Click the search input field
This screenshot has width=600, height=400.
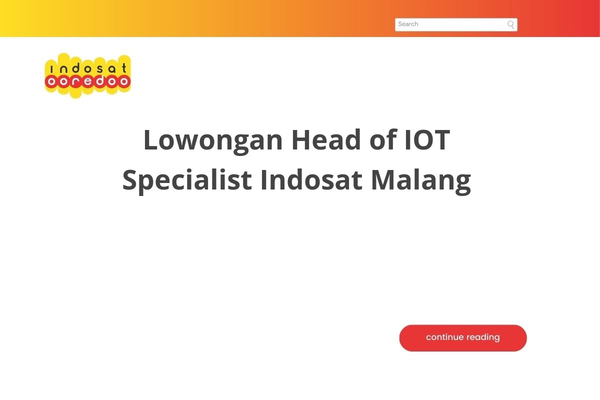pyautogui.click(x=456, y=24)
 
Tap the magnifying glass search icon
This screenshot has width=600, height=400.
pyautogui.click(x=510, y=24)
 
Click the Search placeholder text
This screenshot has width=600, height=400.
pyautogui.click(x=408, y=24)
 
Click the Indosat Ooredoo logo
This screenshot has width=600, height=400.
pyautogui.click(x=88, y=75)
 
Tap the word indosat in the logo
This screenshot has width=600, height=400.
pyautogui.click(x=88, y=68)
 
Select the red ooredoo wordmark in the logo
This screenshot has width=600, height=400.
pyautogui.click(x=88, y=81)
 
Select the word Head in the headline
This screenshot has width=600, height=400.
pyautogui.click(x=326, y=139)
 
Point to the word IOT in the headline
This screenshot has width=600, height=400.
pyautogui.click(x=427, y=139)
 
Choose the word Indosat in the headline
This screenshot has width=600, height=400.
pyautogui.click(x=311, y=180)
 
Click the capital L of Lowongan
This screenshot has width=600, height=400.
pyautogui.click(x=151, y=139)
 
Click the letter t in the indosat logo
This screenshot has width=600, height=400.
pyautogui.click(x=124, y=68)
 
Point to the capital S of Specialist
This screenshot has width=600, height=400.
pyautogui.click(x=130, y=180)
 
